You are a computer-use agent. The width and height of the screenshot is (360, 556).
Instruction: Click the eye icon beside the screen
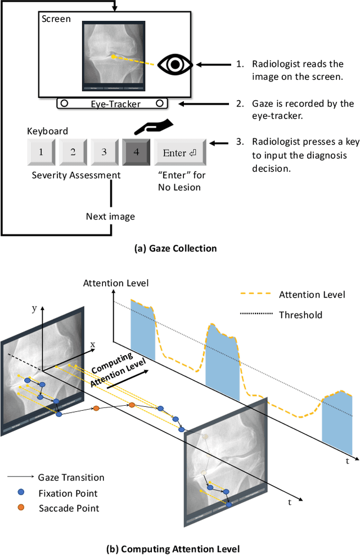pos(176,65)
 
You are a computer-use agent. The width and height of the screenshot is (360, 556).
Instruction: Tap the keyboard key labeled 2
pos(72,152)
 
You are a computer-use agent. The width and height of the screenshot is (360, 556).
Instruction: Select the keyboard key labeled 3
pos(103,152)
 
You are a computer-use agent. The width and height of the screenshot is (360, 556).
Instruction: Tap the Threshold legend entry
pos(300,315)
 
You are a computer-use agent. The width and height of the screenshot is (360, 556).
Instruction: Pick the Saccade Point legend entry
pos(69,508)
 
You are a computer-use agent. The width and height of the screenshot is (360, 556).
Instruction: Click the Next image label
pos(110,216)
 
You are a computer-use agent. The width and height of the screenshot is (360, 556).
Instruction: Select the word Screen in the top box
pos(56,19)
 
